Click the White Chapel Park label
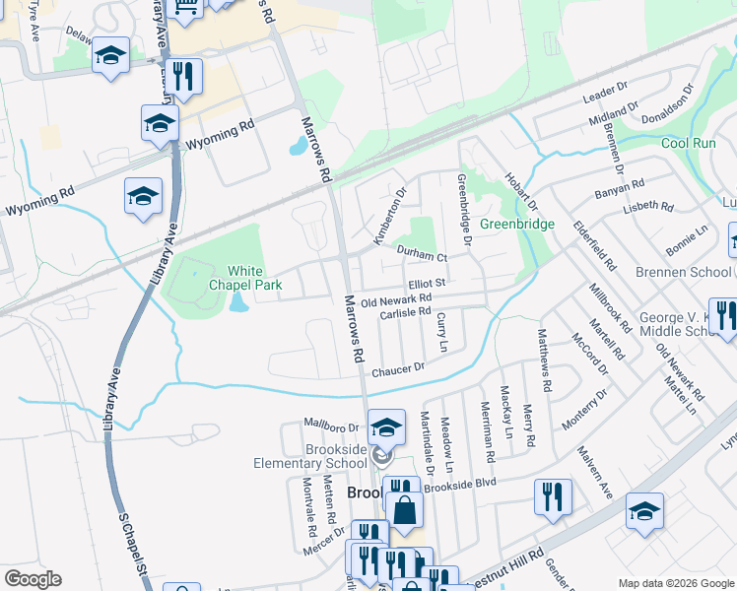point(254,278)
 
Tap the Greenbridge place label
point(517,224)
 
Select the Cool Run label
point(688,143)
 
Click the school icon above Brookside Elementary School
point(386,427)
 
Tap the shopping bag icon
point(405,510)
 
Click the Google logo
point(33,579)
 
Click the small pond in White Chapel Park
point(238,301)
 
